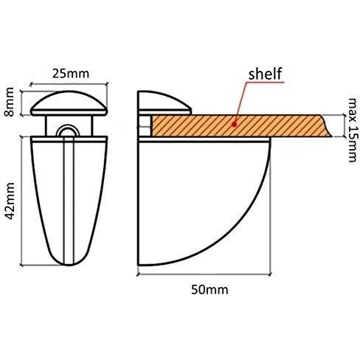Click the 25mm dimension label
coord(71,74)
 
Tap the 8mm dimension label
coord(10,102)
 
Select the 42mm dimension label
coord(10,201)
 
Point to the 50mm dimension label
coord(210,289)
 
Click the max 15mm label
coord(352,130)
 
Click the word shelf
coord(265,74)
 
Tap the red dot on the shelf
coord(235,125)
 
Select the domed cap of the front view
coord(69,103)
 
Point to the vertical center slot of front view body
coord(69,201)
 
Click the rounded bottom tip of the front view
coord(69,264)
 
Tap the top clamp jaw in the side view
coord(165,103)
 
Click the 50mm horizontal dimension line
coord(204,274)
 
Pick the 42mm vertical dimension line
coord(22,201)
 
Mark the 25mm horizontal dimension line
coord(69,84)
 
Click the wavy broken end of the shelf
coord(327,125)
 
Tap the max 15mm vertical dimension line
coord(344,125)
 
